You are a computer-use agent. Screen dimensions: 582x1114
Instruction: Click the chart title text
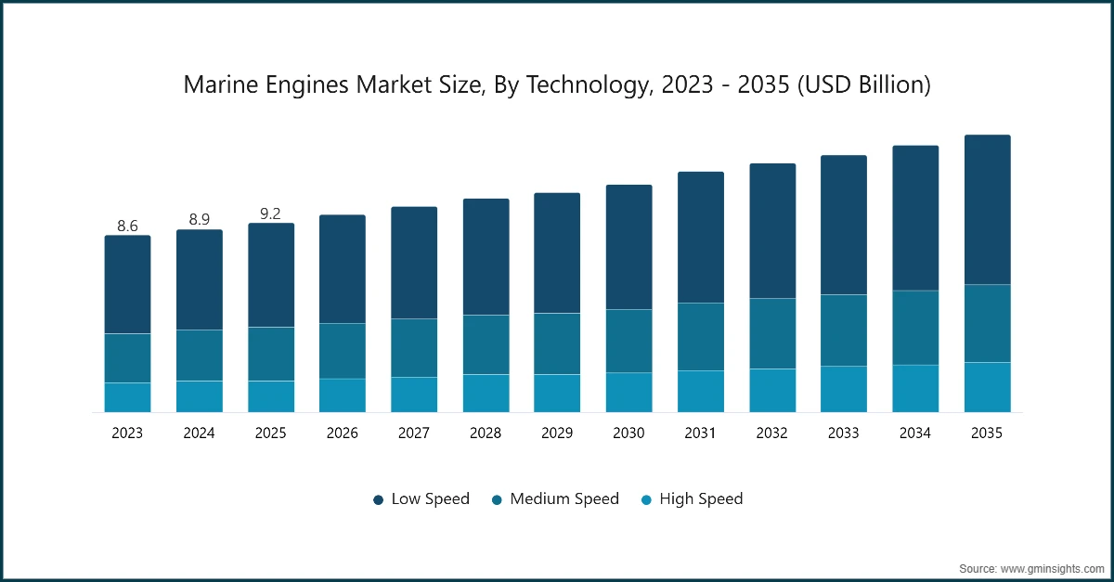pyautogui.click(x=557, y=85)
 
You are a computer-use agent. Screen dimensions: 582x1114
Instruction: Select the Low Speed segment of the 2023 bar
pyautogui.click(x=127, y=284)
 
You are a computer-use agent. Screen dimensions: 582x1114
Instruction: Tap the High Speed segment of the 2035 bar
pyautogui.click(x=987, y=387)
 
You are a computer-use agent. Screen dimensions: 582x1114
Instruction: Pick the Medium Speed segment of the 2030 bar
pyautogui.click(x=628, y=341)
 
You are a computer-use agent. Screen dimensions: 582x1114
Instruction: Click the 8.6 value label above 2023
pyautogui.click(x=127, y=226)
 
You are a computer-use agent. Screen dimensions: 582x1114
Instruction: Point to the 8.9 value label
pyautogui.click(x=199, y=219)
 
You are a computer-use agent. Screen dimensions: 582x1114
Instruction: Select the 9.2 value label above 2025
pyautogui.click(x=270, y=213)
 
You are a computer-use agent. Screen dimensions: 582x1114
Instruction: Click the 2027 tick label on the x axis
pyautogui.click(x=414, y=433)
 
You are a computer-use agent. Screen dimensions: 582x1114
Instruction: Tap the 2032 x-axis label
pyautogui.click(x=771, y=433)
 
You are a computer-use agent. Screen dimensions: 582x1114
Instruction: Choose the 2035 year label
pyautogui.click(x=987, y=433)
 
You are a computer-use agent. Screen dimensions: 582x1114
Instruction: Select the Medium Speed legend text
pyautogui.click(x=563, y=499)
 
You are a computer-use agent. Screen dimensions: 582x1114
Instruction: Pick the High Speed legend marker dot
pyautogui.click(x=646, y=500)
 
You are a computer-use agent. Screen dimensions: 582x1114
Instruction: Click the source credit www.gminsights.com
pyautogui.click(x=1030, y=567)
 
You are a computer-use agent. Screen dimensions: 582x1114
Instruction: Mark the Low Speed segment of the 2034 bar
pyautogui.click(x=915, y=218)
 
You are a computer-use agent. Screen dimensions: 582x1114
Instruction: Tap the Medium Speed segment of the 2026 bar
pyautogui.click(x=343, y=351)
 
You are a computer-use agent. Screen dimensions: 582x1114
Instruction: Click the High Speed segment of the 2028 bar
pyautogui.click(x=486, y=393)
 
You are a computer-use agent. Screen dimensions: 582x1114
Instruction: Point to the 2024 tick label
pyautogui.click(x=199, y=433)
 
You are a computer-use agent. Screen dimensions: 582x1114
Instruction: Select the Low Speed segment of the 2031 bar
pyautogui.click(x=700, y=238)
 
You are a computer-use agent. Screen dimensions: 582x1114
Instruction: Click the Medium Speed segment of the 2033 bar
pyautogui.click(x=843, y=330)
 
